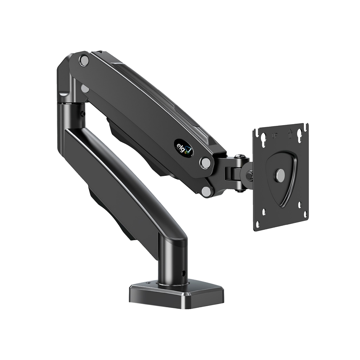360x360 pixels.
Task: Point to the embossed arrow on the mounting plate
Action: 290,133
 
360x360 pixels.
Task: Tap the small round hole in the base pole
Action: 182,272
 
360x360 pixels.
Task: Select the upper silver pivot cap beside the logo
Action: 205,162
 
